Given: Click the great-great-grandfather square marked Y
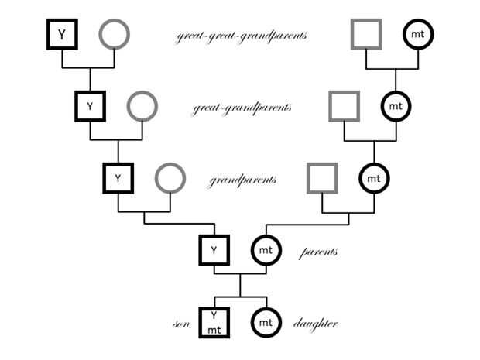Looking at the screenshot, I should click(61, 34).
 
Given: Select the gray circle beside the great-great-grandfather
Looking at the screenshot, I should click(114, 34).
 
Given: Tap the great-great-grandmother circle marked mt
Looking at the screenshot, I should click(418, 34).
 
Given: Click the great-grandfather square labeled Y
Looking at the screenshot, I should click(90, 106).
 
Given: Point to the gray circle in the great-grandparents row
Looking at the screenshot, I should click(142, 106).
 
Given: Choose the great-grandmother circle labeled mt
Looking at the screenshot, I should click(396, 106).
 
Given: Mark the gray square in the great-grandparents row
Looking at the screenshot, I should click(343, 106).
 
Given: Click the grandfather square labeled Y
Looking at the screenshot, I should click(118, 178).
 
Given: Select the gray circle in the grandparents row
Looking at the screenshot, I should click(170, 178).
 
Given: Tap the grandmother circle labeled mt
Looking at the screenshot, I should click(374, 178).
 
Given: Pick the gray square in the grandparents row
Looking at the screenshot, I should click(321, 178).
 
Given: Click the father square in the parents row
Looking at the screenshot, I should click(214, 250).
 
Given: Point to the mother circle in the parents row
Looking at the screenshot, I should click(266, 250).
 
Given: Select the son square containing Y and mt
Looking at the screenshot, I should click(214, 322).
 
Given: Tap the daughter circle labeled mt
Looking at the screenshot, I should click(266, 322).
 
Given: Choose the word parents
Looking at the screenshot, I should click(318, 252).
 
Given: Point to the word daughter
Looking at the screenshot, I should click(315, 324).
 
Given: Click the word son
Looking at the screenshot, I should click(182, 324).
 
